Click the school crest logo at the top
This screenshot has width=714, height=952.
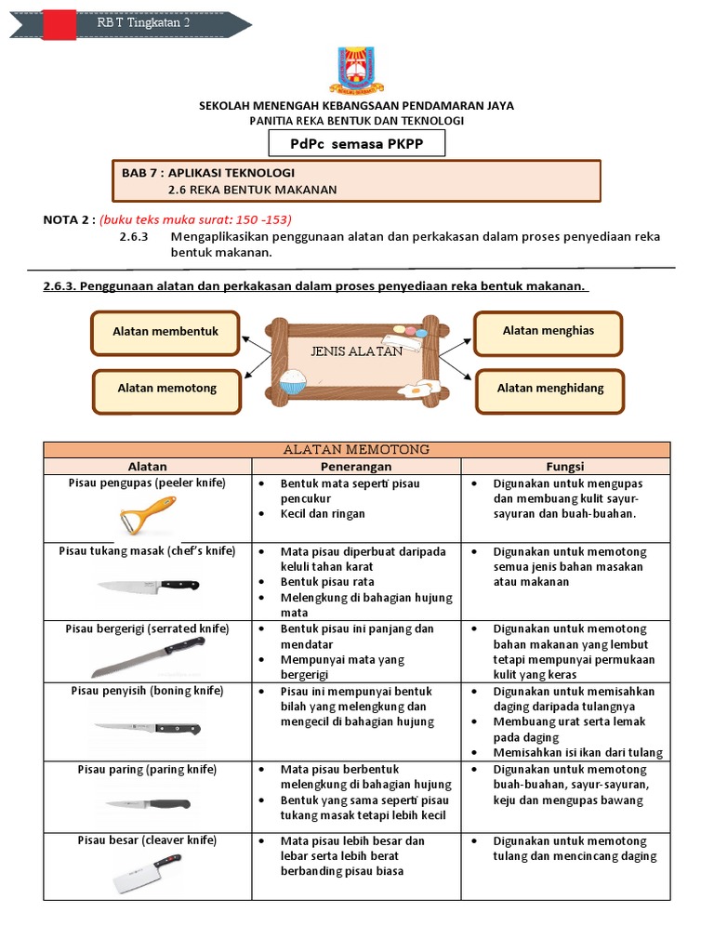[x=356, y=70]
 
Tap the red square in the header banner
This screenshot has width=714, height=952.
[x=59, y=23]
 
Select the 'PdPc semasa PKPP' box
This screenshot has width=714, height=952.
[x=357, y=143]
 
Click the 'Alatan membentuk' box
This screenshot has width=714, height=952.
[x=165, y=332]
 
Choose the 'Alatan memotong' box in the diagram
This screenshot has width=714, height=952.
[x=166, y=390]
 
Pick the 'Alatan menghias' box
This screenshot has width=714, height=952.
[x=548, y=331]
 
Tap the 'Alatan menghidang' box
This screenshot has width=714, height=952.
[x=549, y=389]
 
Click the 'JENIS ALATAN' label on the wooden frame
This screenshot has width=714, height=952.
[x=357, y=351]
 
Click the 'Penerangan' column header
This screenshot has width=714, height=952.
[x=356, y=466]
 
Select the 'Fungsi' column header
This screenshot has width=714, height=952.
[x=564, y=466]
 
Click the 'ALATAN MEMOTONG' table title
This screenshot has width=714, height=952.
[x=356, y=450]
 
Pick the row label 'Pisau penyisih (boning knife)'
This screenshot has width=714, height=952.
[x=147, y=691]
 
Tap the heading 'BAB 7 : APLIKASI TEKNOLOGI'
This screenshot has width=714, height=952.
[x=208, y=173]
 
